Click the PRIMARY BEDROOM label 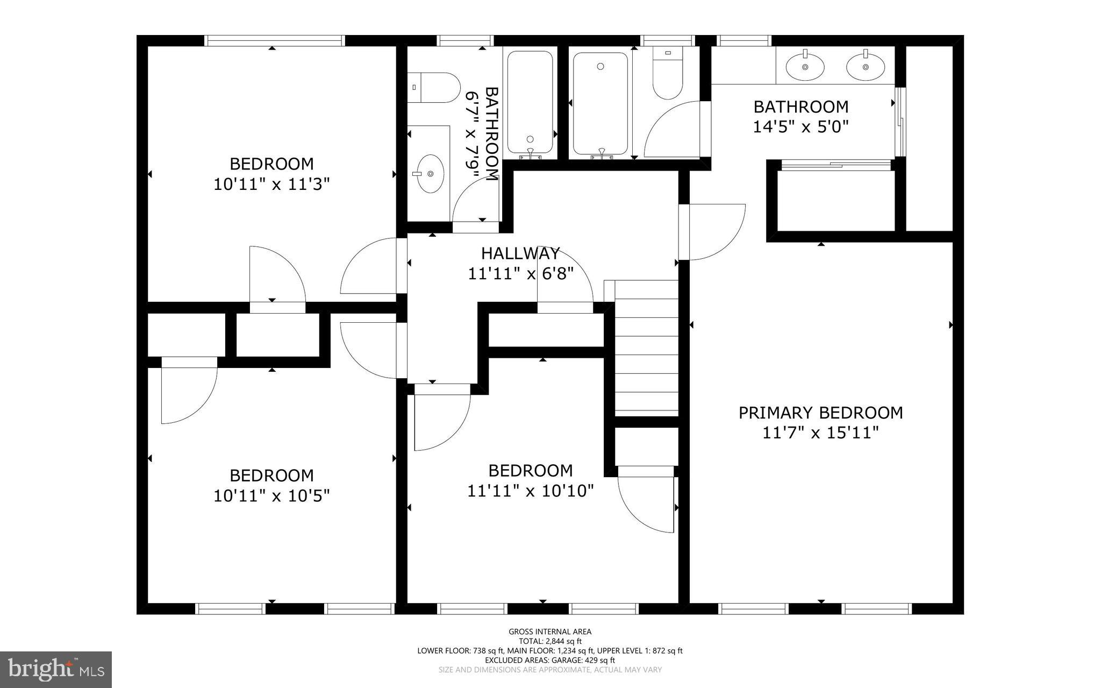click(x=820, y=413)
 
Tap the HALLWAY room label click(x=520, y=253)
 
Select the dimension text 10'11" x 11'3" click(x=271, y=185)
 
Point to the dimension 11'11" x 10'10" click(x=530, y=491)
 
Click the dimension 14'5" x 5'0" click(x=800, y=127)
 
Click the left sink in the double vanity click(x=805, y=67)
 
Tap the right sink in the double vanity click(x=866, y=67)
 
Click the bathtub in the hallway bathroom click(x=530, y=102)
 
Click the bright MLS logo click(x=56, y=669)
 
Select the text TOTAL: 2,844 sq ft click(x=549, y=641)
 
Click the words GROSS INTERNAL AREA click(x=549, y=632)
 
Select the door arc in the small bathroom click(x=473, y=199)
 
